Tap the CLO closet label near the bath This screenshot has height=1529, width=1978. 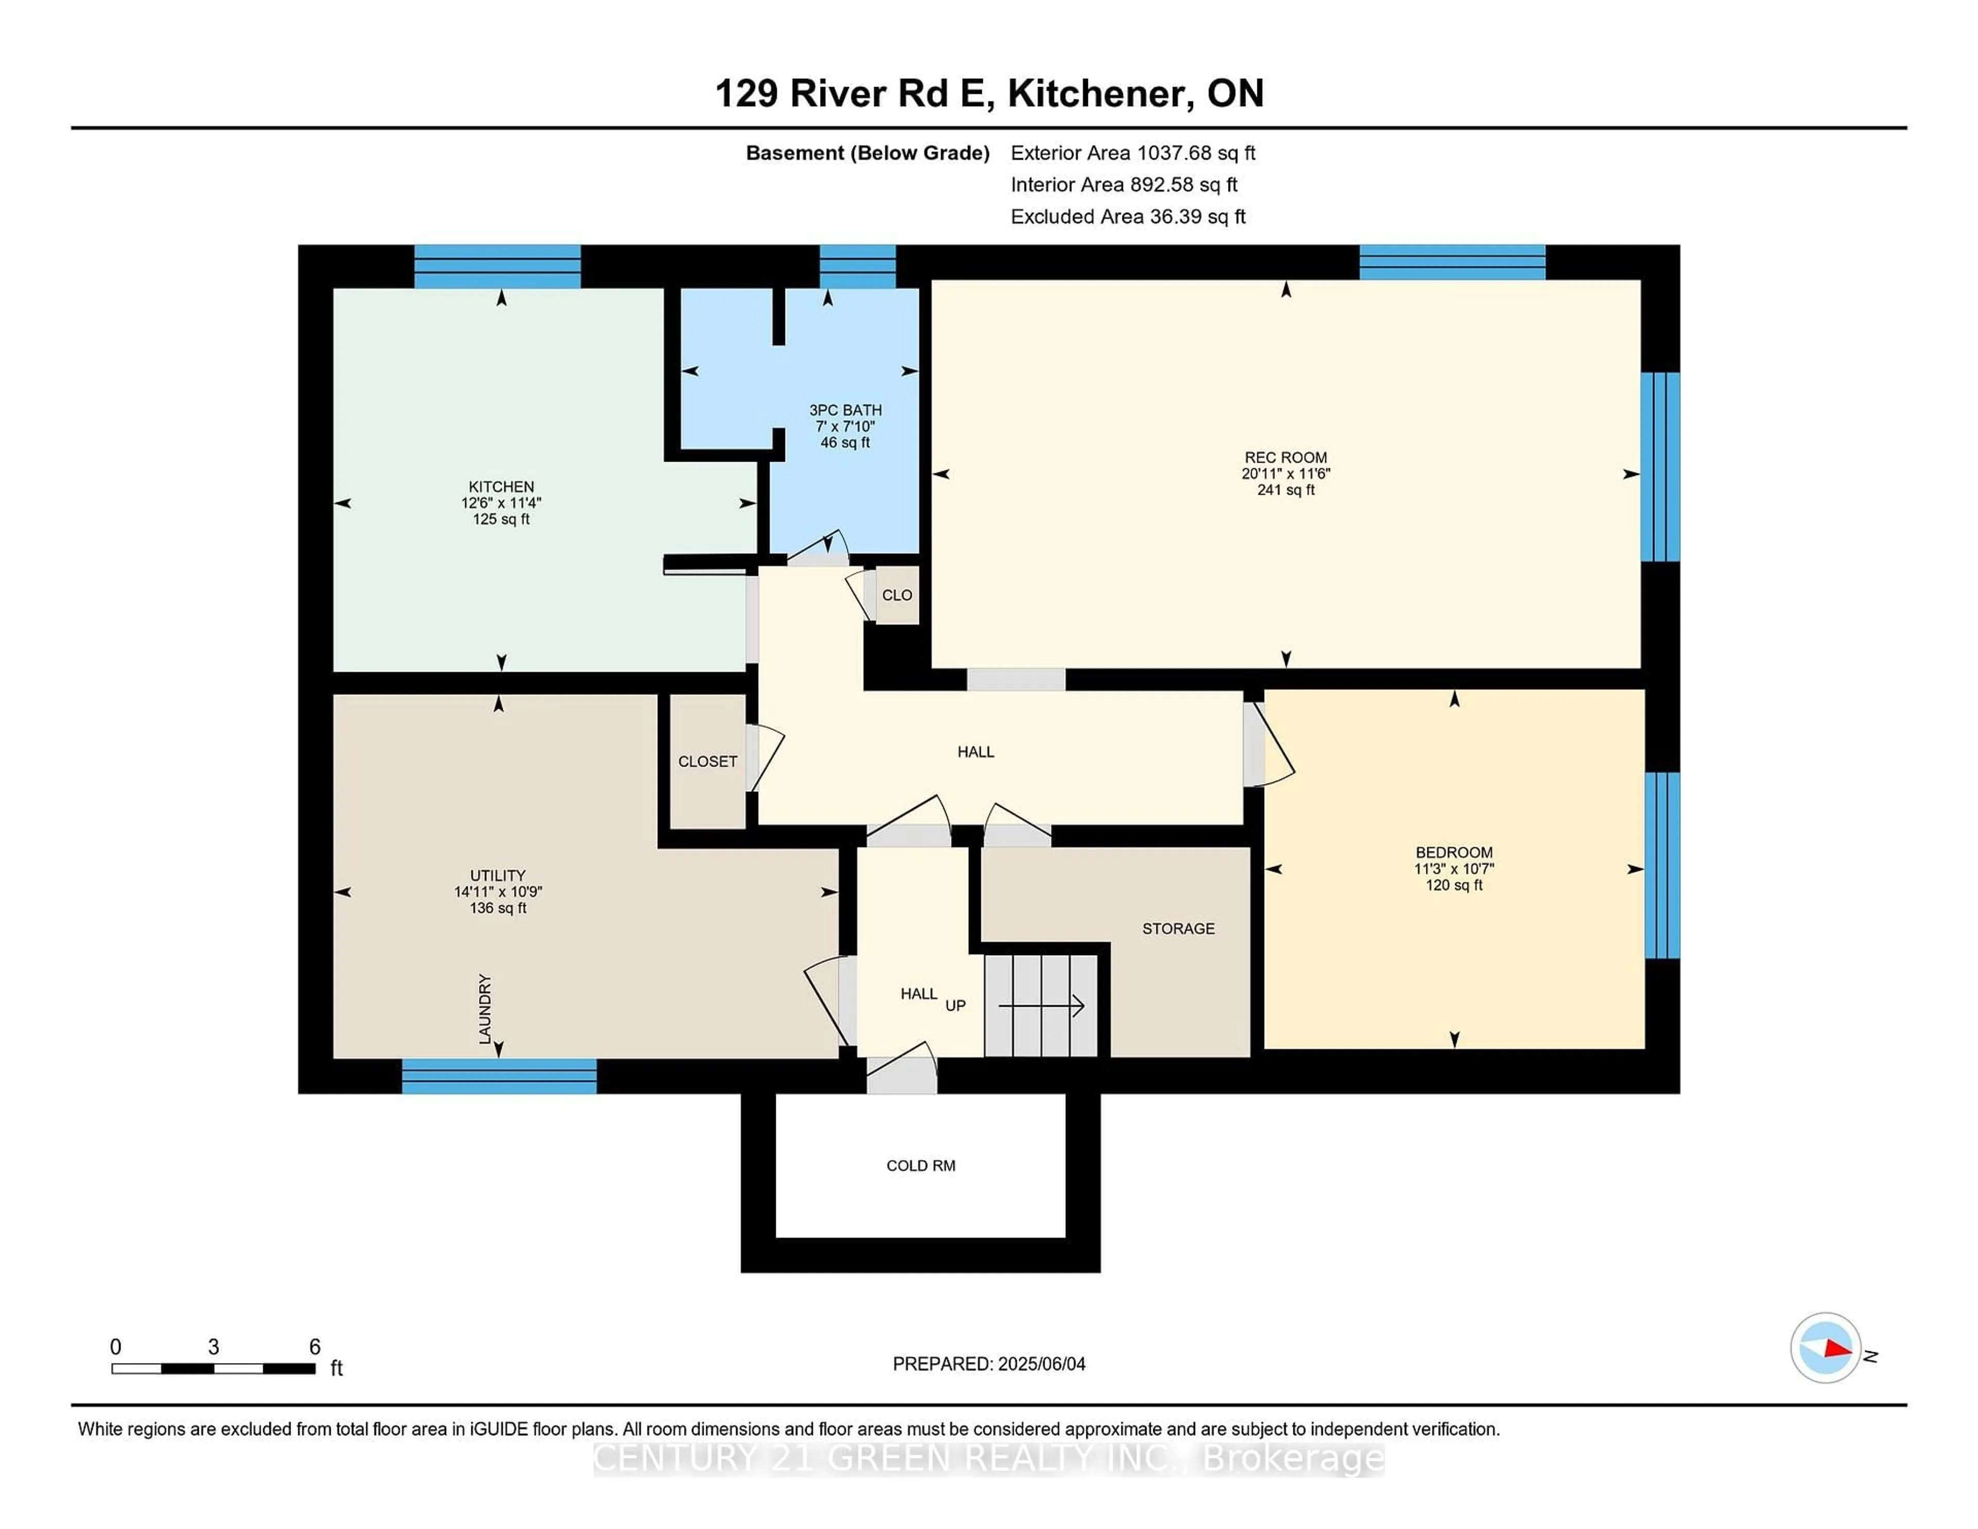pyautogui.click(x=897, y=595)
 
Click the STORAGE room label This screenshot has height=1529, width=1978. pyautogui.click(x=1178, y=928)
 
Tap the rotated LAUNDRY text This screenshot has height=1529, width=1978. pyautogui.click(x=485, y=1008)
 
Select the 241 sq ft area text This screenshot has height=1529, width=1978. pyautogui.click(x=1285, y=490)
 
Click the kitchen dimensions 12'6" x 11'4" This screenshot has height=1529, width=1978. pyautogui.click(x=501, y=503)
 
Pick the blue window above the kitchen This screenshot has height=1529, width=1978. pyautogui.click(x=497, y=266)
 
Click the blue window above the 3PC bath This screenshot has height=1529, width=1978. pyautogui.click(x=857, y=266)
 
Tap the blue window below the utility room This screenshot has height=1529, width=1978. pyautogui.click(x=499, y=1076)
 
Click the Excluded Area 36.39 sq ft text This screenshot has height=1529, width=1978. pyautogui.click(x=1128, y=216)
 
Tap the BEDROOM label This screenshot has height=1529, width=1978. pyautogui.click(x=1454, y=853)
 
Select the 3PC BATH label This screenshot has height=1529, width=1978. pyautogui.click(x=845, y=411)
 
